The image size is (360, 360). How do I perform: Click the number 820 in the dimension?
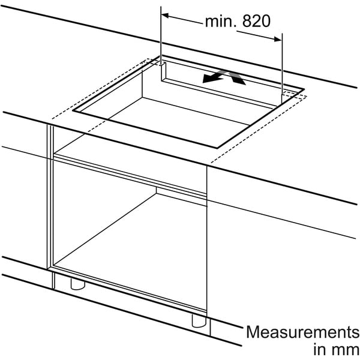point(256,22)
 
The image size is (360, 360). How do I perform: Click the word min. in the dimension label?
point(221,22)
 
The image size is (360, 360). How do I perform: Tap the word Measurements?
point(302,332)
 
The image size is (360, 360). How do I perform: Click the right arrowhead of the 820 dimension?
point(278,39)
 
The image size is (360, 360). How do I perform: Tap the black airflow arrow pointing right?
point(236,78)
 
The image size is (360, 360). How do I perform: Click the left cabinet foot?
point(78,284)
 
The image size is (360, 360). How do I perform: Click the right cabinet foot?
point(199,321)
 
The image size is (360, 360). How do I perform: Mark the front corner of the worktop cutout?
point(217,148)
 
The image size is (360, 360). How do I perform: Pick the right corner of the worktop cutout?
point(304,89)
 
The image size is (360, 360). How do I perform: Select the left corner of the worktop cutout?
point(73,110)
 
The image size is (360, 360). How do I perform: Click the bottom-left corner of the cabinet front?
point(47,269)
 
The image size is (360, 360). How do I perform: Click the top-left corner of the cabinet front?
point(47,125)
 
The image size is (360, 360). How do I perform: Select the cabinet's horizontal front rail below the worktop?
point(130,175)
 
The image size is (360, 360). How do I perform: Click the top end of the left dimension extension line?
point(161,7)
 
